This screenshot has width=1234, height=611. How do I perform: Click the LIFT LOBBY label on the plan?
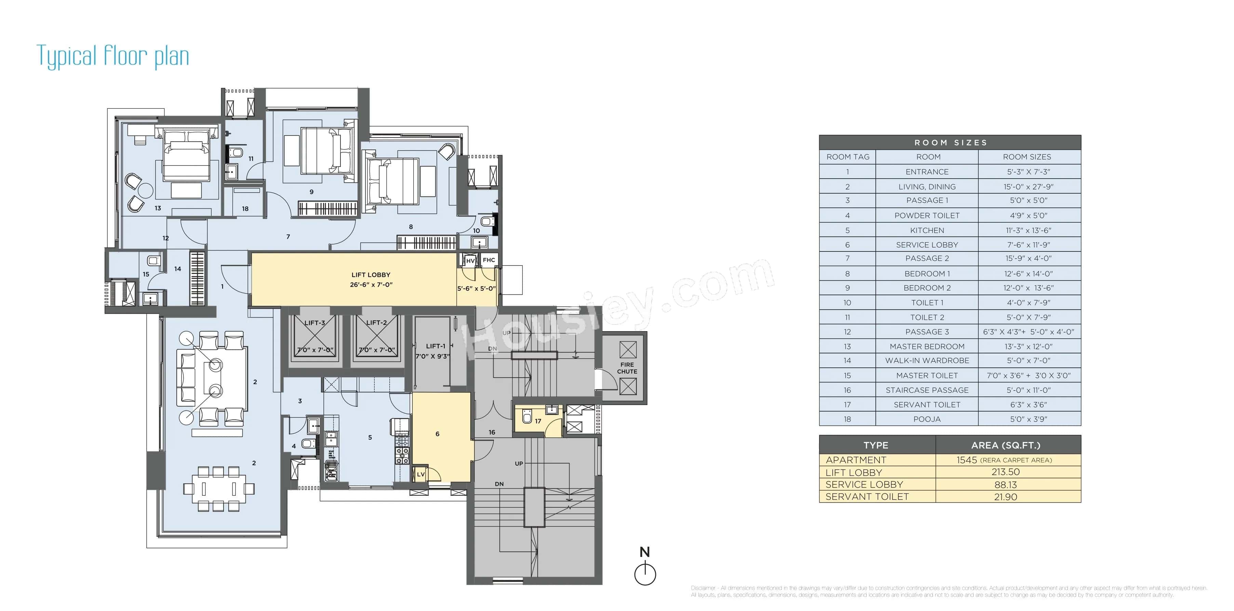[371, 275]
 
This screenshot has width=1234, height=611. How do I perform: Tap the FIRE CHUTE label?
[627, 368]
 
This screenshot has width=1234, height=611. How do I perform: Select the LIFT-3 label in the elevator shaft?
[315, 323]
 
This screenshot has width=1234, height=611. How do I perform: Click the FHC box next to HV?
[488, 260]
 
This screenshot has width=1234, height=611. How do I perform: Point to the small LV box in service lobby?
[420, 474]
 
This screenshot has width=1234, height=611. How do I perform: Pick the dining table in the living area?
[218, 488]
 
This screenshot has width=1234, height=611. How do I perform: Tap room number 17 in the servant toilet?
[538, 421]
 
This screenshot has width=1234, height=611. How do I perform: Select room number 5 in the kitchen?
[370, 438]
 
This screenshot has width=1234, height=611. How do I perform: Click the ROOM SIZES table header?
[950, 142]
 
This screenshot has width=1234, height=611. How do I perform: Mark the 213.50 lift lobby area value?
[1006, 472]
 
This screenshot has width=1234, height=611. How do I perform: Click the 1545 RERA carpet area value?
[966, 460]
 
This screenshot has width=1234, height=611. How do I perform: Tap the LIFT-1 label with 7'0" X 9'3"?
[435, 351]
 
